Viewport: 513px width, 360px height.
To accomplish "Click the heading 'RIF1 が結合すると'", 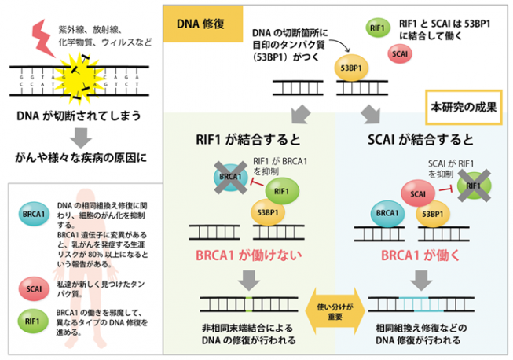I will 247,141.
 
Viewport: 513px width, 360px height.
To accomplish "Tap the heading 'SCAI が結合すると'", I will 421,141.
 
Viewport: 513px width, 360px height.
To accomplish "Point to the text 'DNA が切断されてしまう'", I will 79,116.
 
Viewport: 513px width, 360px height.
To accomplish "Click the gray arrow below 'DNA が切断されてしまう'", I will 78,138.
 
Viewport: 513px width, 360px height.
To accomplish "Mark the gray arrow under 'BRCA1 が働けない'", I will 251,279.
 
